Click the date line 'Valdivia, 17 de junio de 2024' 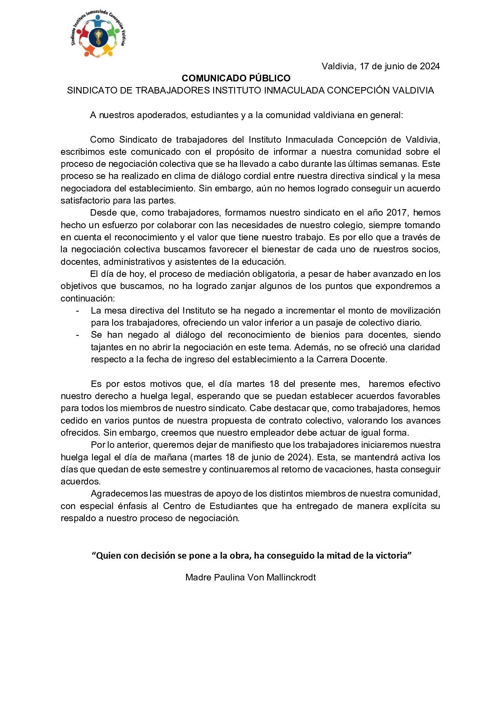click(380, 67)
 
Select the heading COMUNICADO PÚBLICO click(236, 78)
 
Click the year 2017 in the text click(397, 213)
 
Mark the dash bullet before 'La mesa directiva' click(77, 311)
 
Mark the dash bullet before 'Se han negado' click(77, 335)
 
